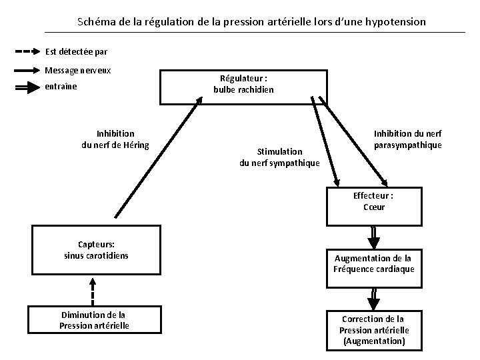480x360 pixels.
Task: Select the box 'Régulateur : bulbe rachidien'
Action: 243,85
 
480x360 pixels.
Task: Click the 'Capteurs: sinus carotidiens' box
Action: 97,250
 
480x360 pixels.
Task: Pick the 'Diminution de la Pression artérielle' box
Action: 93,320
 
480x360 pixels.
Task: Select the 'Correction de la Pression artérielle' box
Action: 373,329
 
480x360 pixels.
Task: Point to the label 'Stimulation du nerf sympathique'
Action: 279,157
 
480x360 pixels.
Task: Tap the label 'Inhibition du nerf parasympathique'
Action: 407,139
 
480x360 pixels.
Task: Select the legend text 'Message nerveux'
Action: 78,70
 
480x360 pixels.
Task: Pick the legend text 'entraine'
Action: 61,87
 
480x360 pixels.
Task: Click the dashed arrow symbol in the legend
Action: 27,51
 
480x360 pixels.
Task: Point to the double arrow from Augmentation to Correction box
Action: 373,297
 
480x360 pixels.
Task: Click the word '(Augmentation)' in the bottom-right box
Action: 373,341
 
